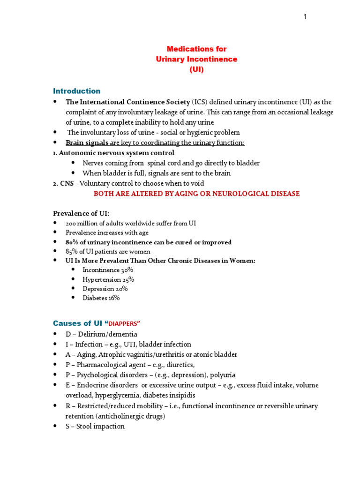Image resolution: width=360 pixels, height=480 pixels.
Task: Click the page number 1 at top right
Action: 305,17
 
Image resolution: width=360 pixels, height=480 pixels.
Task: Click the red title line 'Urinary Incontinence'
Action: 196,59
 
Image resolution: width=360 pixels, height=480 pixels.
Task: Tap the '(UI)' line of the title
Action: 196,69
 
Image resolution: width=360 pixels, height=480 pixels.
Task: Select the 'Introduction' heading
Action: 76,91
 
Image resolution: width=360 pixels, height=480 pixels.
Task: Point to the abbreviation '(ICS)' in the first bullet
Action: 201,102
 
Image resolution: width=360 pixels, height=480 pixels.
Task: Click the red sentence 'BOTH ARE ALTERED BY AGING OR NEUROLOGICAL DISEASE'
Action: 196,194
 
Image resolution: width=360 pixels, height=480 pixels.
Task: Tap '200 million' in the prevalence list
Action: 82,224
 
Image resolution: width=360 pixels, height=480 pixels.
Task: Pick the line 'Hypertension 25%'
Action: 108,279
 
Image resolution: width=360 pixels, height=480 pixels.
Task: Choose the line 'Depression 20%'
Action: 105,288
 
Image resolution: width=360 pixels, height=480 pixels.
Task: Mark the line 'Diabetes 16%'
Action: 101,298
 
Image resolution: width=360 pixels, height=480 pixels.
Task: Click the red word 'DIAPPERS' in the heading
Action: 124,323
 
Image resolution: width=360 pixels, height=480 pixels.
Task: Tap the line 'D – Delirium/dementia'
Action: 101,334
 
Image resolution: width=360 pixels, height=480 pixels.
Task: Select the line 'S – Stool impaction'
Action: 95,426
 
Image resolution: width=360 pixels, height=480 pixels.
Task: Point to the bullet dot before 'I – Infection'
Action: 55,345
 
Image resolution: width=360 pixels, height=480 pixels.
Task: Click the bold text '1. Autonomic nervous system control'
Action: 113,153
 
